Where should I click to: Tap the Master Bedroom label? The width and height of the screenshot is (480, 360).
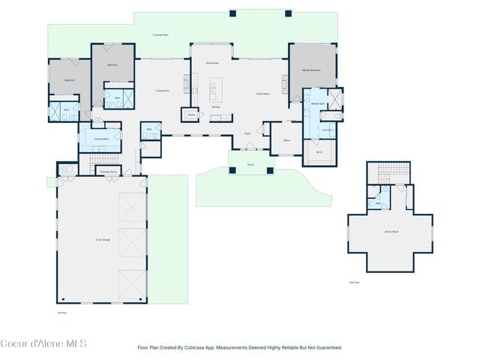point(311,70)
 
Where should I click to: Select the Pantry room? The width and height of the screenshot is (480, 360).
point(191,115)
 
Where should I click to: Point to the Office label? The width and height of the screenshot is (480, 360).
point(286,140)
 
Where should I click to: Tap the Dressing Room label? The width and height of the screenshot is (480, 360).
point(108,171)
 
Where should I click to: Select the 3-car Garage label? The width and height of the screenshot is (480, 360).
point(103,239)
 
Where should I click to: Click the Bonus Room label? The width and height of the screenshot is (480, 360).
point(391,232)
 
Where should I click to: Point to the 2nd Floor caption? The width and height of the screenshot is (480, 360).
point(355,283)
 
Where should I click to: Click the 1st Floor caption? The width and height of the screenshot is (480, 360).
point(62,312)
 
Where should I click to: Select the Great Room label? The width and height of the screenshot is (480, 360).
point(262,94)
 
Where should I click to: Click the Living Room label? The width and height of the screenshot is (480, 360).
point(161,91)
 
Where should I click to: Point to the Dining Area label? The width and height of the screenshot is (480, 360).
point(212,63)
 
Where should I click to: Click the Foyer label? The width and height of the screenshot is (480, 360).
point(247,133)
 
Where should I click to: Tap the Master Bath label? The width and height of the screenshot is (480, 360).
point(317,103)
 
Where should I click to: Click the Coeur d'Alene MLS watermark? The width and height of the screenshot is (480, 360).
point(43,343)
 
